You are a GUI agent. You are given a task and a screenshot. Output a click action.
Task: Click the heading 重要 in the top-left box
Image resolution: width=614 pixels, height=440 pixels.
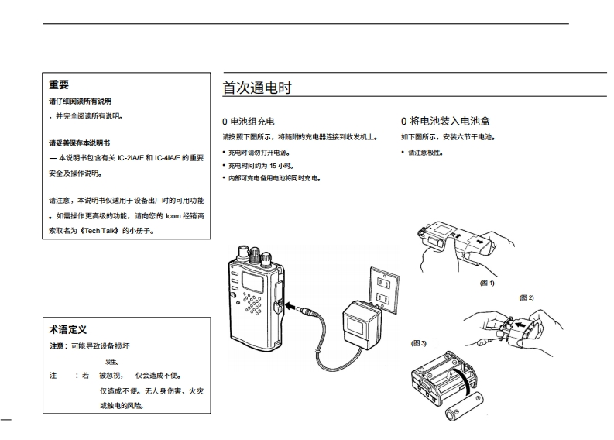pyautogui.click(x=59, y=85)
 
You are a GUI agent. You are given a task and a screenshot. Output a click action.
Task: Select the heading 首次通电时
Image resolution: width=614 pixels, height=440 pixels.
pyautogui.click(x=256, y=88)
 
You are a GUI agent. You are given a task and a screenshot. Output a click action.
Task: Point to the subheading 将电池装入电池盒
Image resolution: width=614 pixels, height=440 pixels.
pyautogui.click(x=450, y=122)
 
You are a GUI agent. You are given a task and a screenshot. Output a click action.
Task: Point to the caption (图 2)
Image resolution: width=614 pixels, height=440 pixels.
pyautogui.click(x=527, y=297)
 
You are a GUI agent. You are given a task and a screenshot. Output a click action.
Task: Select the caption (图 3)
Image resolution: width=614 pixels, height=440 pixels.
pyautogui.click(x=419, y=342)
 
